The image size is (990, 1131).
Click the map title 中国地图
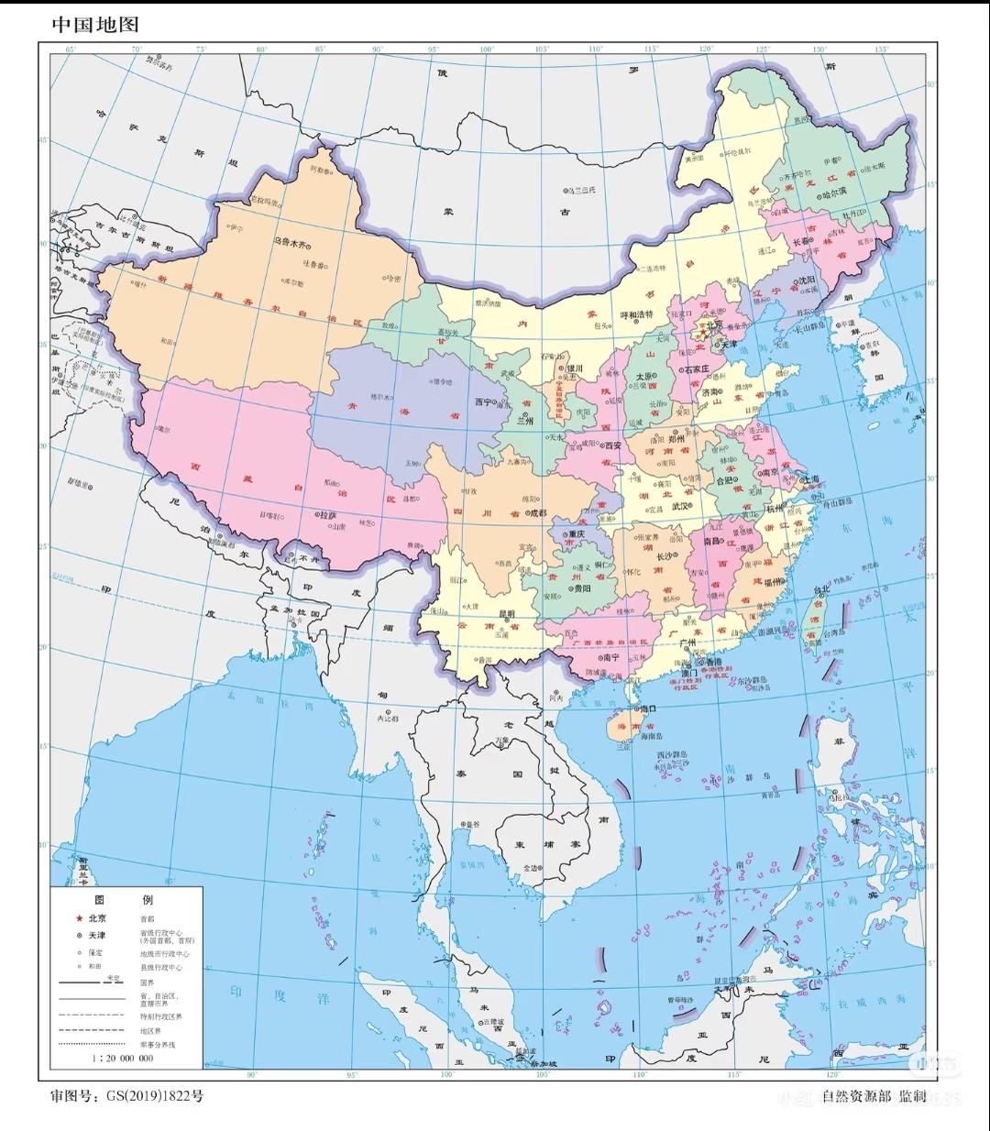click(x=95, y=24)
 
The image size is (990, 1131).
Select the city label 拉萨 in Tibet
click(x=327, y=516)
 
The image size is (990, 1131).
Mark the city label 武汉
click(x=680, y=506)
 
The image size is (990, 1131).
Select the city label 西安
click(x=611, y=445)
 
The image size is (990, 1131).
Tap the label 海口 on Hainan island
click(x=648, y=708)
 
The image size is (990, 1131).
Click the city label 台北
click(x=821, y=589)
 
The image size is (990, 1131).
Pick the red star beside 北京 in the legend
click(x=79, y=918)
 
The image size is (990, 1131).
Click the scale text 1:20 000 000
click(x=122, y=1058)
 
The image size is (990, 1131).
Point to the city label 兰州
click(x=525, y=422)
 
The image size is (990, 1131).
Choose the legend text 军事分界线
click(x=158, y=1044)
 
